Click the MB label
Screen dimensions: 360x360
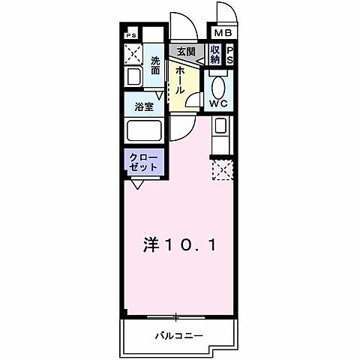(x=223, y=33)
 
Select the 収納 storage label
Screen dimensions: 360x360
(x=215, y=55)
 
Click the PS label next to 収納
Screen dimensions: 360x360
(x=229, y=55)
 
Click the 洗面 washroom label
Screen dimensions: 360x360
(x=155, y=65)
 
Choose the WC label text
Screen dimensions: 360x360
(x=219, y=103)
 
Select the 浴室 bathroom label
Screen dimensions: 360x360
(x=144, y=106)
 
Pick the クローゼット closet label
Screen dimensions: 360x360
(x=142, y=162)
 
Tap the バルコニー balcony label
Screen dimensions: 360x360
(x=181, y=334)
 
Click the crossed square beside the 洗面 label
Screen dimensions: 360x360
(x=133, y=55)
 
